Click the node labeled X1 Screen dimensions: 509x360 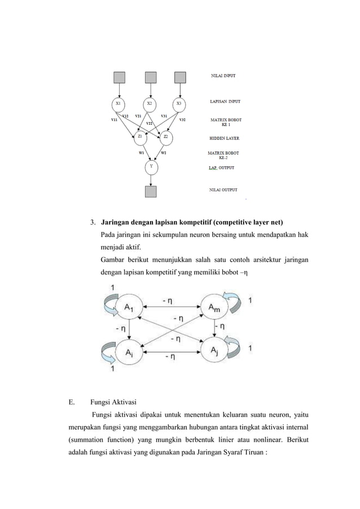[x=118, y=104]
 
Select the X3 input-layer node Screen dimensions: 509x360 [x=179, y=104]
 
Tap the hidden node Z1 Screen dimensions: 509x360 [x=139, y=136]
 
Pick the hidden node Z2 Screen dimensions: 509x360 [x=165, y=136]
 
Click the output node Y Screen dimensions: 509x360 [x=150, y=166]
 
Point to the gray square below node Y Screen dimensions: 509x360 [x=150, y=192]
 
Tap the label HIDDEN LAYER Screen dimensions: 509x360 [x=225, y=138]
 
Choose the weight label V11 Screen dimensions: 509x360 [x=114, y=120]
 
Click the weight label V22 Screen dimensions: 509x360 [x=149, y=123]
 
